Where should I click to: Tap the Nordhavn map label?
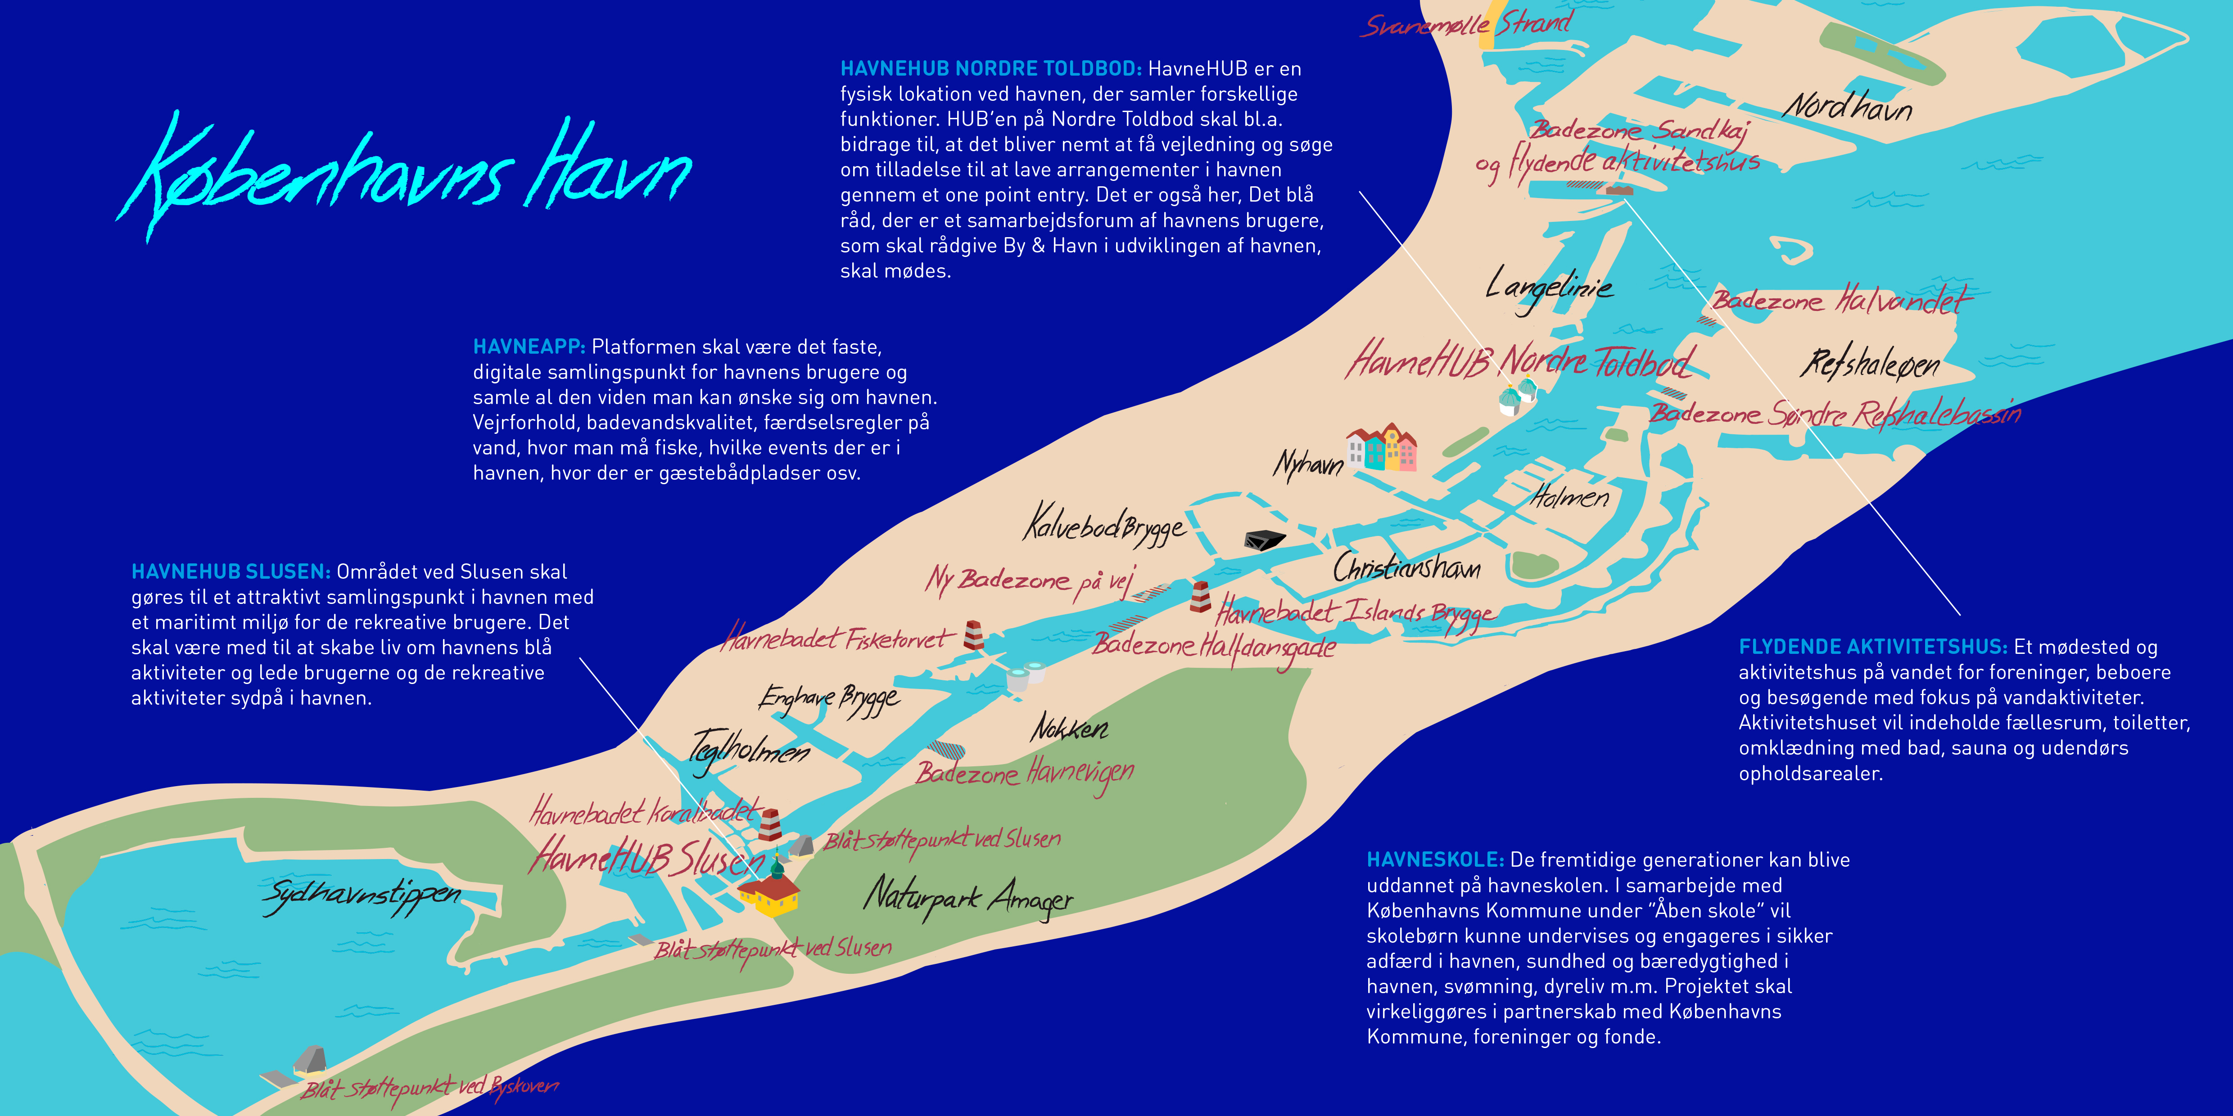(1846, 108)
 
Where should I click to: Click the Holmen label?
(1569, 497)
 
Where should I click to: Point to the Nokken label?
(1069, 728)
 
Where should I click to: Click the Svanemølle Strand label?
(1465, 24)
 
